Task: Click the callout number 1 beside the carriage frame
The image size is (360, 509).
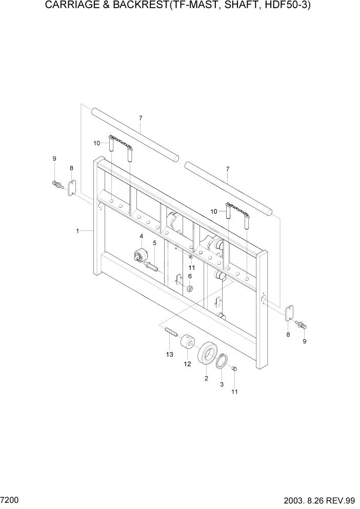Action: [77, 231]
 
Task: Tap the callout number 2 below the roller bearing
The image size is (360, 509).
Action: [206, 379]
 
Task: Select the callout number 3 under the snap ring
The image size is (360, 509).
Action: [222, 384]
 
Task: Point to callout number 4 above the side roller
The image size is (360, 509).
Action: [141, 236]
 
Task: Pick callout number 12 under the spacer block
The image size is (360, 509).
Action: [187, 364]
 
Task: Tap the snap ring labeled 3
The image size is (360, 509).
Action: [222, 361]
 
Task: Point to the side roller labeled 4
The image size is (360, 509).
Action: [139, 255]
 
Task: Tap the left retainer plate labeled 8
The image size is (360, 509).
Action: [72, 187]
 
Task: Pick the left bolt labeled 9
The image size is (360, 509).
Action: [56, 184]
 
